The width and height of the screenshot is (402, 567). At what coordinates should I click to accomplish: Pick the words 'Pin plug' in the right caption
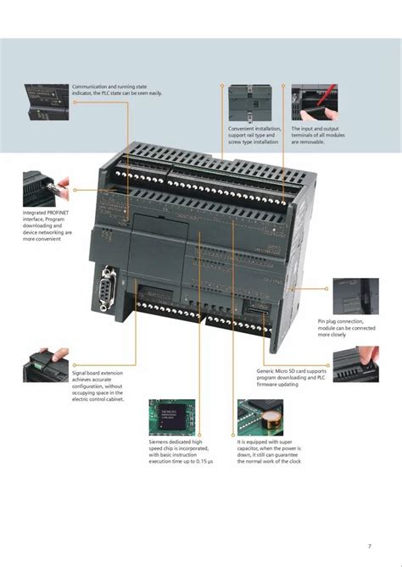pos(327,322)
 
